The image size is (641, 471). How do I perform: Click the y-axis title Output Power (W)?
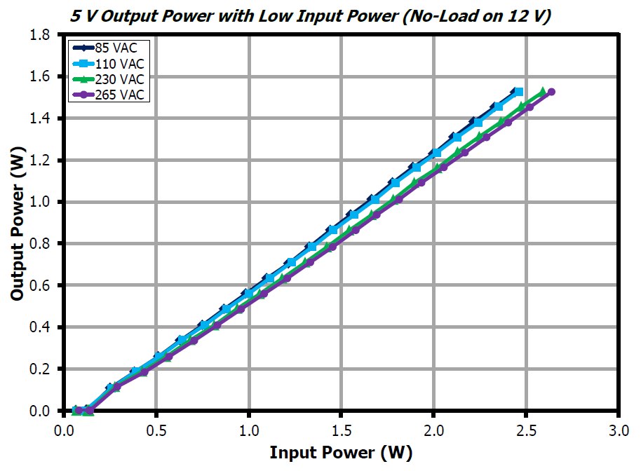click(18, 223)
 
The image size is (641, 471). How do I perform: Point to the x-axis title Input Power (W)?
click(341, 453)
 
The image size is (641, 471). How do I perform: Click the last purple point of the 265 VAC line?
click(551, 92)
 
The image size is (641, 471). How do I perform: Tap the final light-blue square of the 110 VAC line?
click(518, 93)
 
